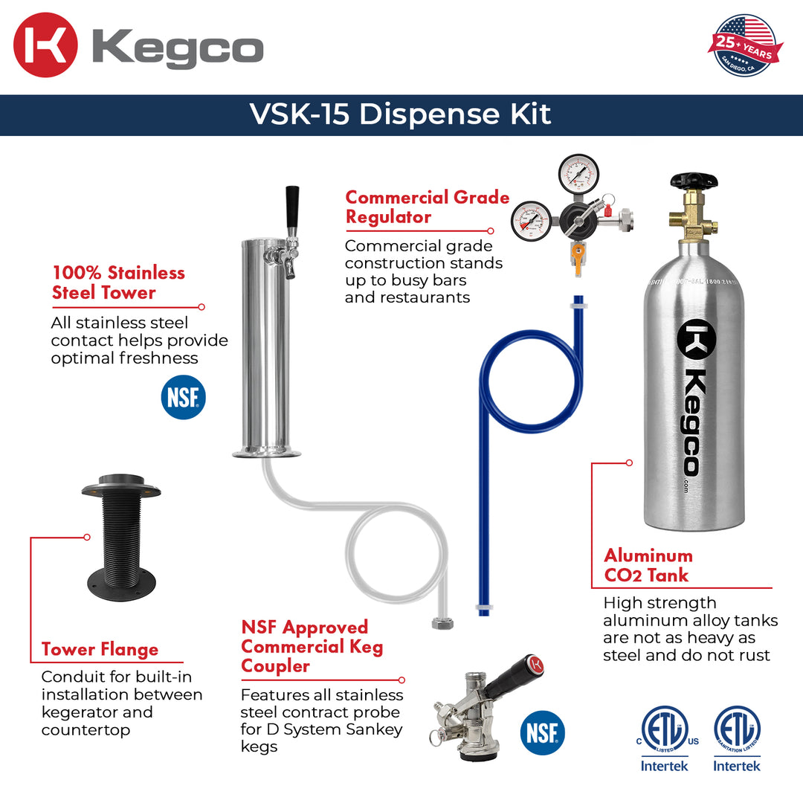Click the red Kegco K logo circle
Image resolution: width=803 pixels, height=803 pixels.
tap(45, 45)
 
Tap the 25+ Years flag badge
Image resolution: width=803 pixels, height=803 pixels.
tap(745, 45)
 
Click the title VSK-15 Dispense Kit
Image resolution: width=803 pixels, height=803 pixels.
tap(401, 115)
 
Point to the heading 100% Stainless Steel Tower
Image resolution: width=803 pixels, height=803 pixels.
tap(117, 283)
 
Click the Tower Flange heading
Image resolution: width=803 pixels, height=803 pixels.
tap(100, 649)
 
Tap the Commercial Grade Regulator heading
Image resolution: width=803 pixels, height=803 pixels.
tap(427, 207)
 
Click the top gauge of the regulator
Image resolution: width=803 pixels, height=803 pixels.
tap(578, 174)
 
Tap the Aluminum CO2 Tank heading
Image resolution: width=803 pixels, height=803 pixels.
tap(648, 565)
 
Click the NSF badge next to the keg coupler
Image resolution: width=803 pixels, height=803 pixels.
tap(542, 732)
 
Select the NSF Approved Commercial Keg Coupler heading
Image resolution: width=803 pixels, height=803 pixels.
tap(312, 646)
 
